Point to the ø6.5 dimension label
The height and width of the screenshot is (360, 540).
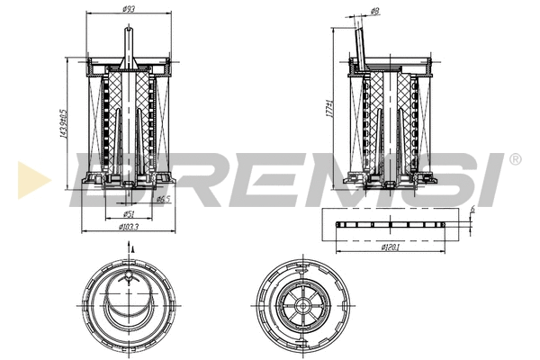(x=163, y=200)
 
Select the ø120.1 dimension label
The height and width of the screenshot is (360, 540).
(x=391, y=246)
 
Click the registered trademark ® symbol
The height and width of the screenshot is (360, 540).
(x=514, y=159)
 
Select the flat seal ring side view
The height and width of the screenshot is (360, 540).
(x=391, y=222)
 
